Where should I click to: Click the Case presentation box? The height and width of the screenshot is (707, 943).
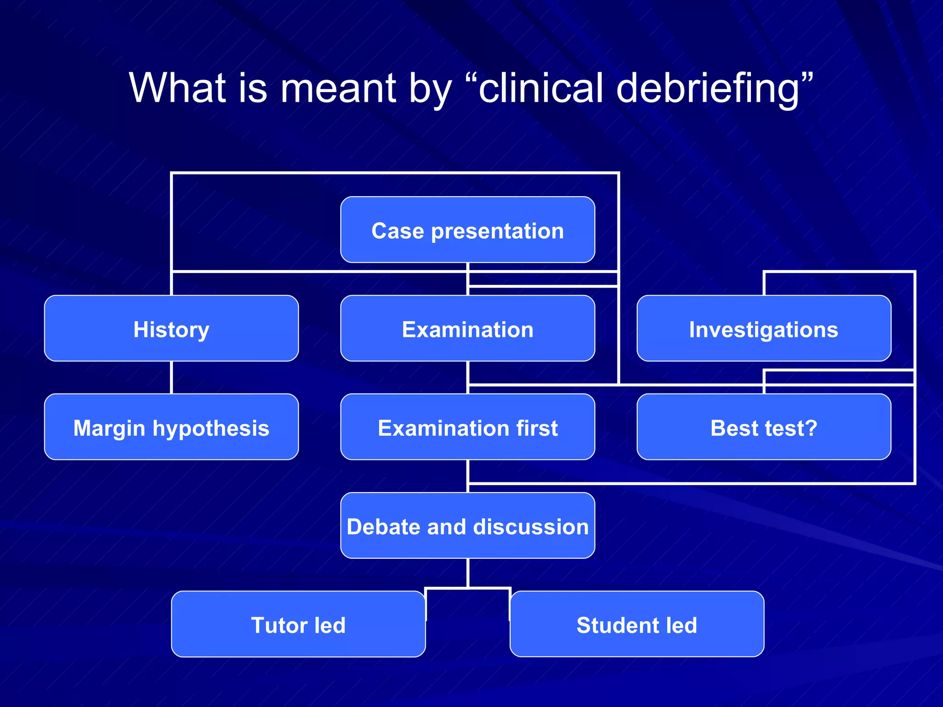tap(467, 230)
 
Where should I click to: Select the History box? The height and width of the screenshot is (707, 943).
tap(171, 329)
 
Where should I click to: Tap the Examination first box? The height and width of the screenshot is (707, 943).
tap(467, 427)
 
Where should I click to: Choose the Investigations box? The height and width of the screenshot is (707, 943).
tap(763, 329)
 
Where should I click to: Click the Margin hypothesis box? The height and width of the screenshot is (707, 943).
tap(171, 427)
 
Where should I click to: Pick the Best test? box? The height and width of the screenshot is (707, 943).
tap(763, 427)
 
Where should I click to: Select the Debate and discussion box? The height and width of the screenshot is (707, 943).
tap(467, 526)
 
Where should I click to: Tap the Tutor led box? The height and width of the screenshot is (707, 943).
tap(298, 624)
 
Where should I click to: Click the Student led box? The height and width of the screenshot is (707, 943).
tap(637, 624)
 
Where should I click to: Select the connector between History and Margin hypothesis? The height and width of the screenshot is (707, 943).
tap(171, 377)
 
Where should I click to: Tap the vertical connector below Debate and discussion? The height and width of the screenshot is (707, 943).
tap(467, 573)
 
